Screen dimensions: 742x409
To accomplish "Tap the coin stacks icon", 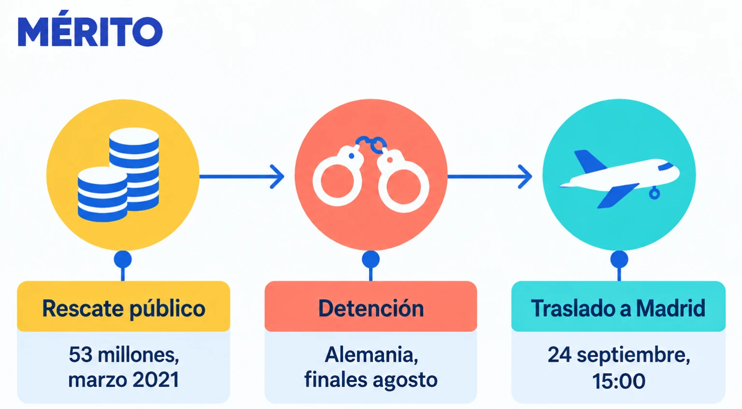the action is [x=118, y=175].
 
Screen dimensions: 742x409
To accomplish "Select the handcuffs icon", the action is [x=371, y=174].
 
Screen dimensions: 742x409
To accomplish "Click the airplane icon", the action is [x=619, y=178].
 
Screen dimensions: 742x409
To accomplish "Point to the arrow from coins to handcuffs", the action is [x=242, y=177].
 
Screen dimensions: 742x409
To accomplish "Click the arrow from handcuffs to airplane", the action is [x=490, y=177].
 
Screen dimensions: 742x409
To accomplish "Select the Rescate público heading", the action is [x=124, y=309].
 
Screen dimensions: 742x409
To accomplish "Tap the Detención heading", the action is [x=371, y=308].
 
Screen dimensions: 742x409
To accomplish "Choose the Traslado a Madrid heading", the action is [x=618, y=308].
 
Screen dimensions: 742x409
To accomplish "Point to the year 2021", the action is [x=156, y=380].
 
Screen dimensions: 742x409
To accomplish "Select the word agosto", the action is [x=405, y=380].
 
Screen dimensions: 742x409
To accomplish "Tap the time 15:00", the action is [x=619, y=381].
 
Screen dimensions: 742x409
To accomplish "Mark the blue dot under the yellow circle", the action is [x=123, y=259].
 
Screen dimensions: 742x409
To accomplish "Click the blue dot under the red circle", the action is [x=371, y=259].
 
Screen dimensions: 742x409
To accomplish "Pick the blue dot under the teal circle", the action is [x=619, y=259].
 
